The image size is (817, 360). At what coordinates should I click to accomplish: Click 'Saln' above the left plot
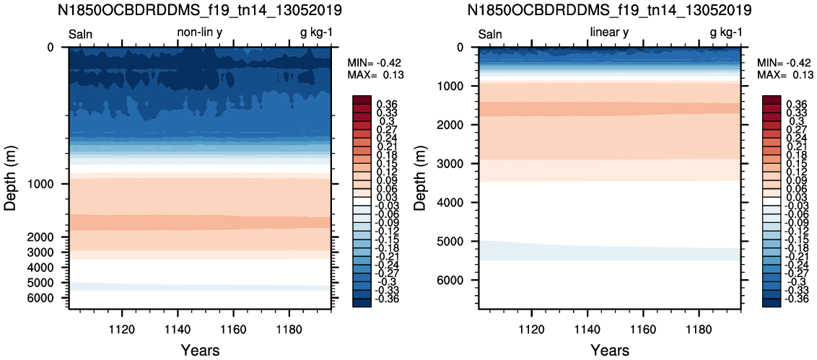click(x=82, y=35)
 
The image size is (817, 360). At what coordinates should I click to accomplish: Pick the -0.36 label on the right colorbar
click(x=795, y=299)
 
